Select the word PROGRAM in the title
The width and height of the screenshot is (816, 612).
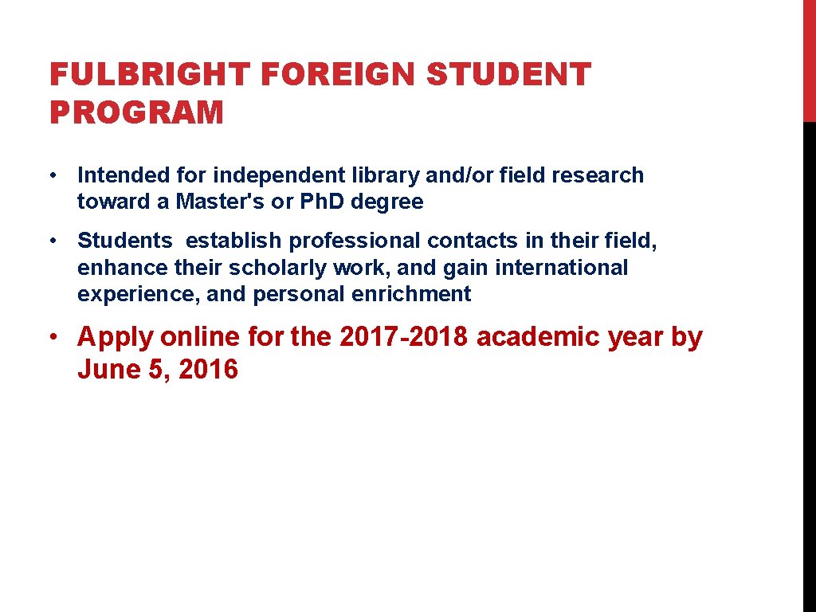(136, 112)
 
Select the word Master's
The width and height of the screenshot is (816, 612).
(221, 202)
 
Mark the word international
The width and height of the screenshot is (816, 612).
(561, 268)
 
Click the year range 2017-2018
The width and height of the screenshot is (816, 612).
(405, 337)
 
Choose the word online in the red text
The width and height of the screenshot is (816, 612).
(199, 337)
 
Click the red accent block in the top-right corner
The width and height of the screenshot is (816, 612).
(809, 61)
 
